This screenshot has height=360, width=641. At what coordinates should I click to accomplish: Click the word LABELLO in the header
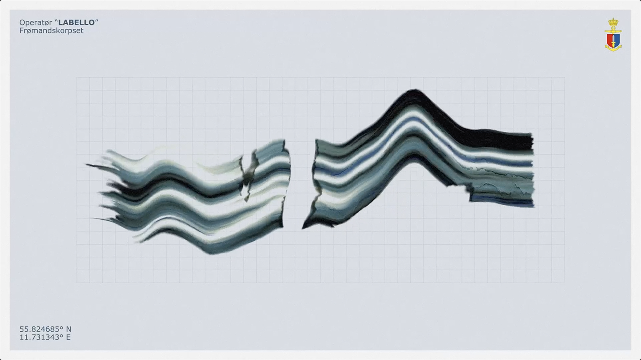(76, 22)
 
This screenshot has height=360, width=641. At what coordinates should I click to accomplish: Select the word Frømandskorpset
(51, 30)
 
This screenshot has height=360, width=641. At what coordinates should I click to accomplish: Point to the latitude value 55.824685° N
(45, 329)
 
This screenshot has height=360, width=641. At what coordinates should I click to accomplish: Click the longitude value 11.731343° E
(45, 337)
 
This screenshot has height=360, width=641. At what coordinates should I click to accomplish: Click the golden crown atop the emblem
(613, 22)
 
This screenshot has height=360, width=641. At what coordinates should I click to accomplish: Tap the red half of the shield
(610, 40)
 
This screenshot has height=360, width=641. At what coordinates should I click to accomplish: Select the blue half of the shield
(616, 40)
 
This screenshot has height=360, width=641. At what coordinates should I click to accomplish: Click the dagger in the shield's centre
(613, 40)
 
